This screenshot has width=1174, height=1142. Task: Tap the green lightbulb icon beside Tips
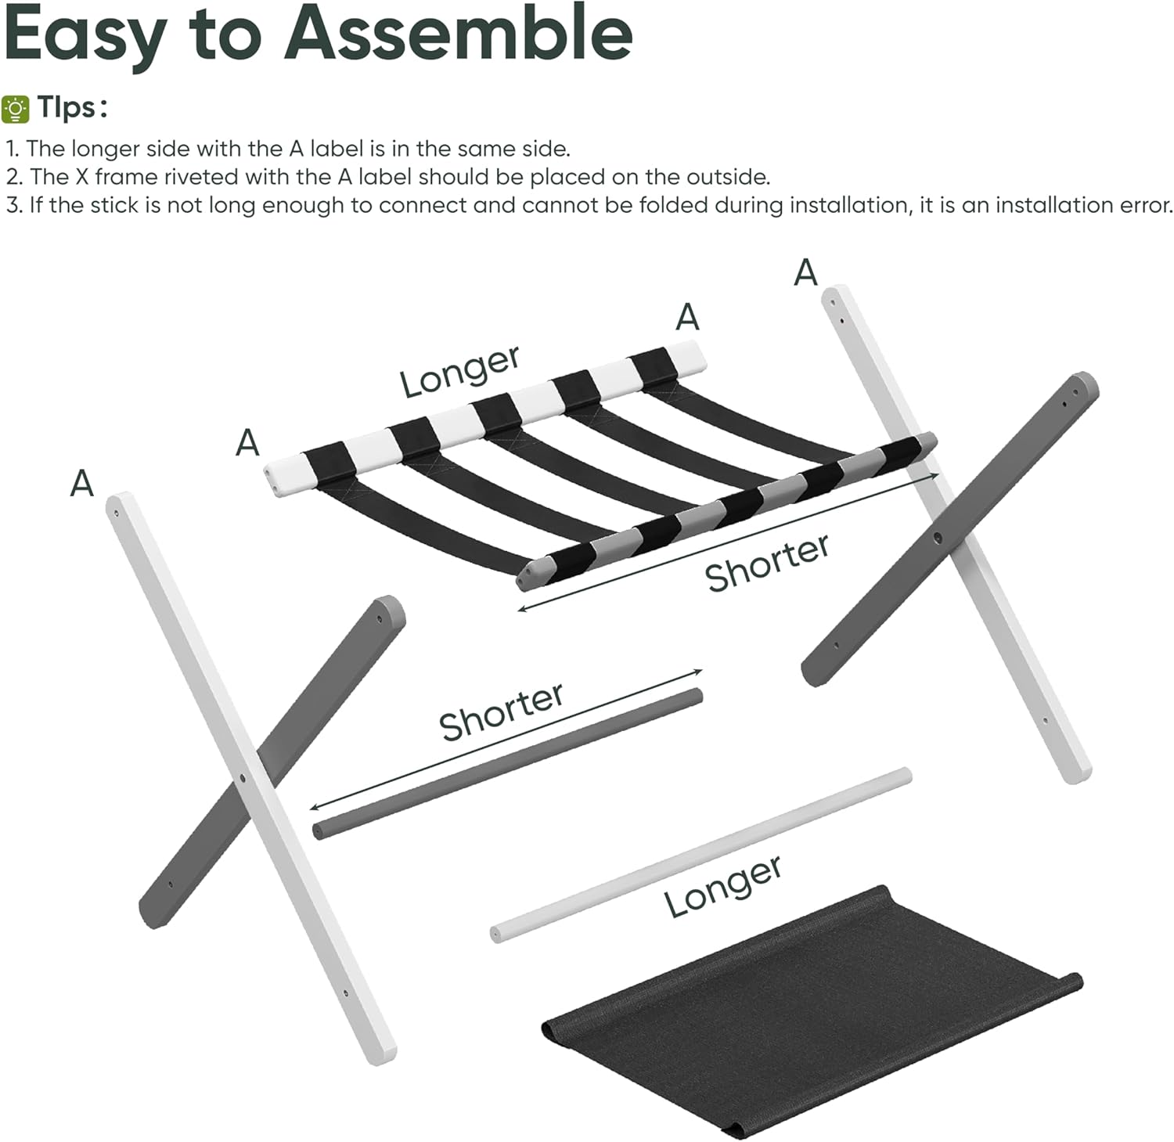(15, 109)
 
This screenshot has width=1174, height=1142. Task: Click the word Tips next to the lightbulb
(71, 107)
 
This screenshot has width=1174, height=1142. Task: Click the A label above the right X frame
(805, 273)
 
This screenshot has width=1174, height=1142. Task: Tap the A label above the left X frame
(81, 483)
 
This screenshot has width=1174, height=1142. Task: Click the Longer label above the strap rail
(460, 371)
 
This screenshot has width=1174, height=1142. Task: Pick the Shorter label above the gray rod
(502, 711)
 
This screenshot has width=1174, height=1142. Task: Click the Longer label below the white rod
(723, 885)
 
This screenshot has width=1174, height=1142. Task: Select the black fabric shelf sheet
(806, 1010)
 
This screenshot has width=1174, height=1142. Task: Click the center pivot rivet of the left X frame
(243, 779)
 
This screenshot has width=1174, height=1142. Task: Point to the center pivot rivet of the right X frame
(938, 539)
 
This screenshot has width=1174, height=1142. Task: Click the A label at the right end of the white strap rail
(687, 317)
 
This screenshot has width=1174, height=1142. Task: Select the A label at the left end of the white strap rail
(247, 443)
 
